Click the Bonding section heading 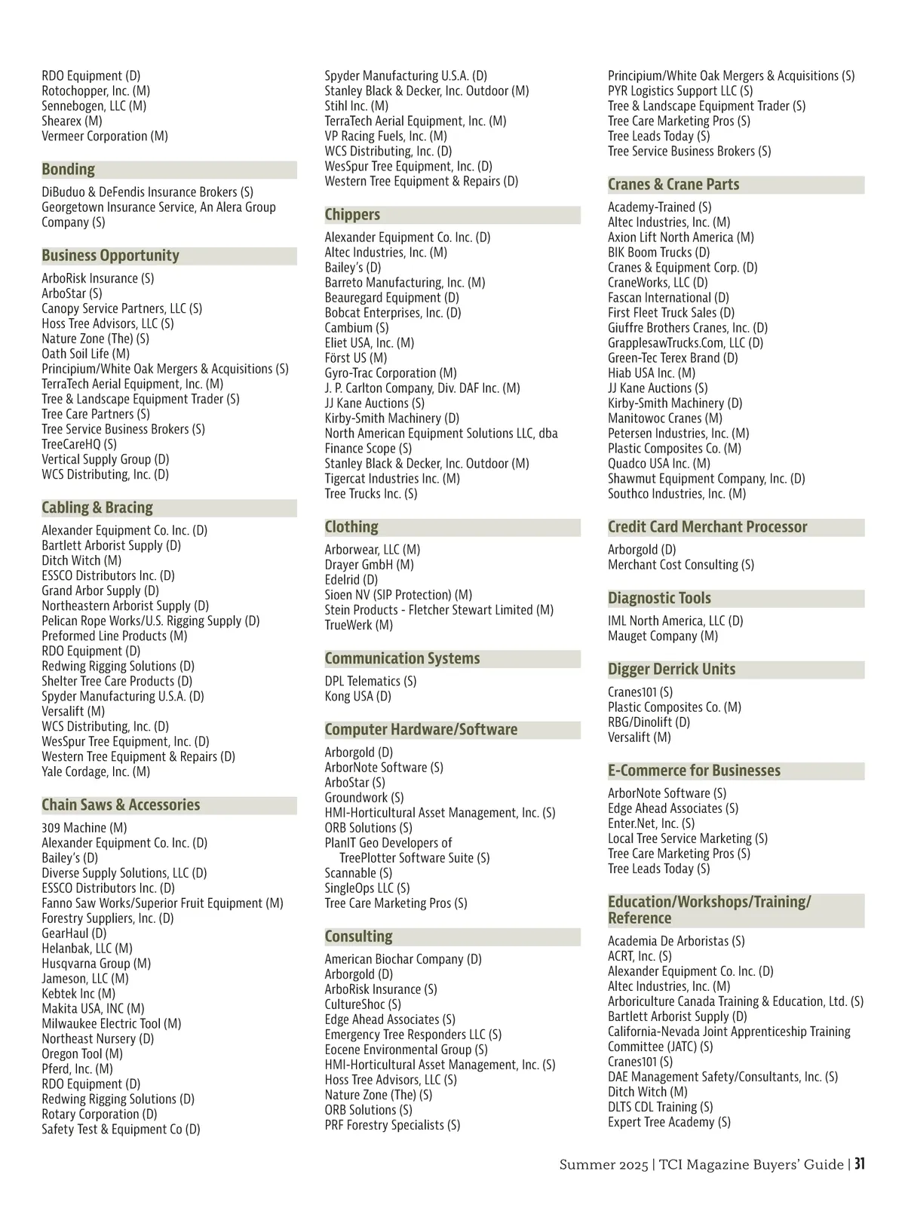[x=69, y=170]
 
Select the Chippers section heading [x=352, y=215]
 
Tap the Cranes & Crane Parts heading [x=673, y=185]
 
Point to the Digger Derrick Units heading [x=671, y=670]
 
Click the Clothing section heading [x=351, y=527]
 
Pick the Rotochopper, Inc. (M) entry [x=96, y=91]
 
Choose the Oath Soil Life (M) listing [x=85, y=354]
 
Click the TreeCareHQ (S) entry [x=79, y=444]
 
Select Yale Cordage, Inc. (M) [x=96, y=771]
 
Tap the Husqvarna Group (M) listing [x=96, y=964]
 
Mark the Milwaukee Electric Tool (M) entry [x=112, y=1024]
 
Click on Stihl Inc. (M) [x=357, y=106]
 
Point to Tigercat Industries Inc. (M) [x=392, y=479]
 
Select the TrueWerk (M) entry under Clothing [x=359, y=625]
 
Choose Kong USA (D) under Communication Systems [x=358, y=696]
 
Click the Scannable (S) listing [x=358, y=873]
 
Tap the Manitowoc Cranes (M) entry [x=665, y=418]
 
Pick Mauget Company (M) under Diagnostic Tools [x=663, y=636]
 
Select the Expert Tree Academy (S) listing [x=669, y=1122]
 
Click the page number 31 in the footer [x=859, y=1164]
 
